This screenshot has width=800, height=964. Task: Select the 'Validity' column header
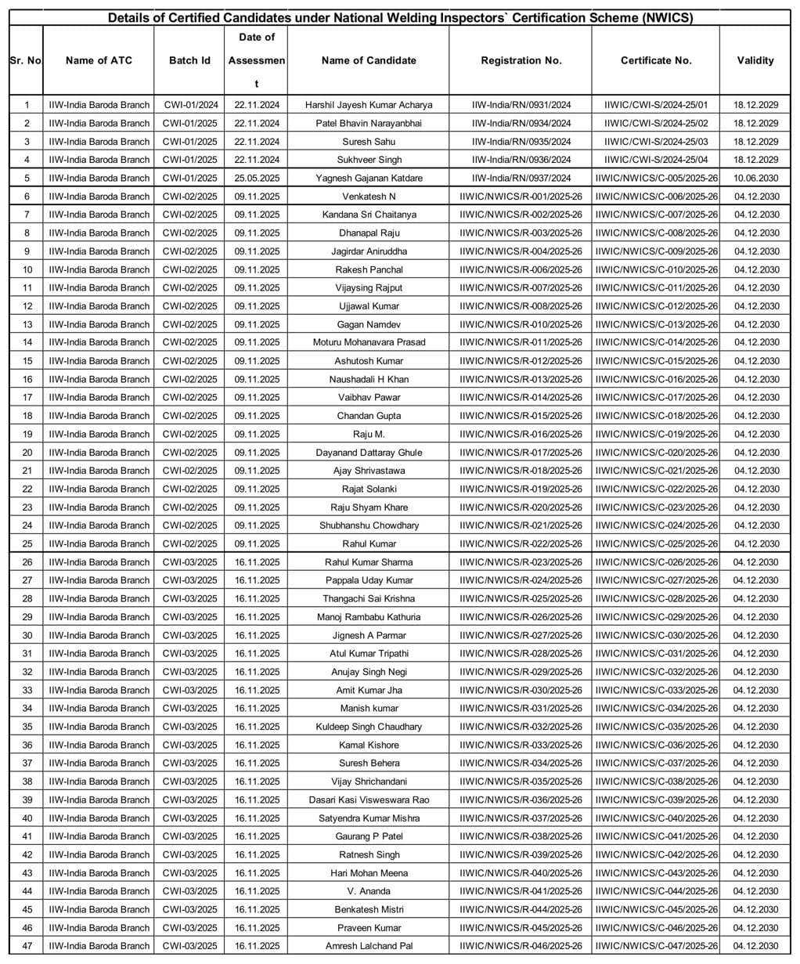click(x=755, y=60)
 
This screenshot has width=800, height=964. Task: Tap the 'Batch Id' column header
click(x=189, y=60)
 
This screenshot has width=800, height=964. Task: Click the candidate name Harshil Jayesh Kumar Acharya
click(x=369, y=105)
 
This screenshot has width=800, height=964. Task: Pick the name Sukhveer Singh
click(x=369, y=160)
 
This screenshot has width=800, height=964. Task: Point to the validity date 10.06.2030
click(x=755, y=178)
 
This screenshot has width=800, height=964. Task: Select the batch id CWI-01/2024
click(x=190, y=105)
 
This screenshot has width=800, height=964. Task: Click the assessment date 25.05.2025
click(x=257, y=178)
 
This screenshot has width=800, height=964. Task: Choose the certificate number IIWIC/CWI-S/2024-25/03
click(x=656, y=142)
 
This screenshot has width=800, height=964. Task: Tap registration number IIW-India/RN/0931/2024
click(x=521, y=105)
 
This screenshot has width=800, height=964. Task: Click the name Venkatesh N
click(x=369, y=197)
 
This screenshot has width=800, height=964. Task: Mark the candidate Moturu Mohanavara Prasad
click(x=369, y=342)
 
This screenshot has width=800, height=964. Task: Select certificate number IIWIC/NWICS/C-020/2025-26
click(x=656, y=453)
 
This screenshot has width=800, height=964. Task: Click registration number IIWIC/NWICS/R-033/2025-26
click(x=521, y=745)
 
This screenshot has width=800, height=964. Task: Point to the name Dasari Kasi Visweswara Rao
click(x=369, y=800)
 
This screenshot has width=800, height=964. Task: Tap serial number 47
click(x=27, y=946)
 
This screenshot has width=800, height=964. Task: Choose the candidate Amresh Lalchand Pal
click(x=369, y=946)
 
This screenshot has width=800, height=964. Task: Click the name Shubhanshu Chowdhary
click(x=369, y=525)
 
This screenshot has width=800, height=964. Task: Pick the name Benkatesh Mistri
click(x=369, y=909)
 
